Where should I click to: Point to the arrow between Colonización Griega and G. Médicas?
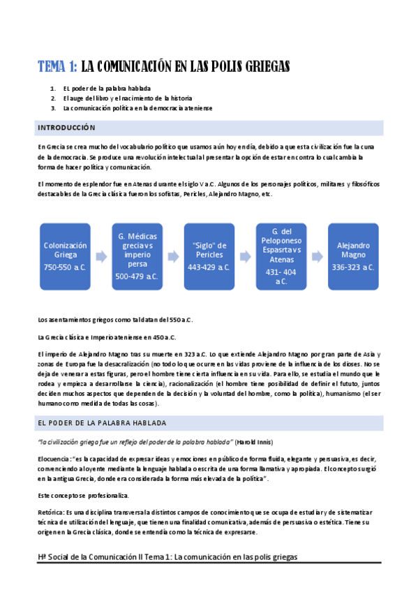[101, 257]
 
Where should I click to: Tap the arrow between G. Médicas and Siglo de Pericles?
[173, 257]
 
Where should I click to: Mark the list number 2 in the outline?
[52, 98]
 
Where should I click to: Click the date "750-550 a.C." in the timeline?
[66, 267]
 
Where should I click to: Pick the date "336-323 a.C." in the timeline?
[353, 267]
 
